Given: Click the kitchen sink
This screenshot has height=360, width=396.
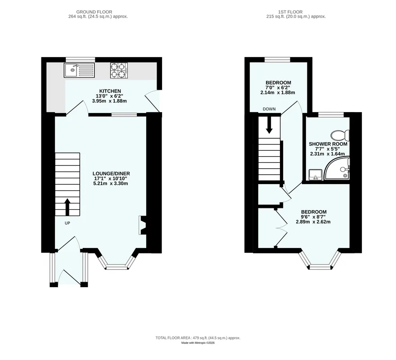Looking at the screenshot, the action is tap(79, 70).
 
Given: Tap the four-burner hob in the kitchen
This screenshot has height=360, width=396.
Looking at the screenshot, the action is tap(119, 70).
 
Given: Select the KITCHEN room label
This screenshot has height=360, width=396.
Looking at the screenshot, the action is tap(110, 91).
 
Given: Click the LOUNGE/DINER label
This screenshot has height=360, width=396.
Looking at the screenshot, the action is tap(111, 174).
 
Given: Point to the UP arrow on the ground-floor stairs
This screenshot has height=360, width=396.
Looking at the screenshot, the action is tap(67, 207).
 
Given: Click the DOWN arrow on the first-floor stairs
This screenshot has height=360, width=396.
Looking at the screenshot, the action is tap(269, 125).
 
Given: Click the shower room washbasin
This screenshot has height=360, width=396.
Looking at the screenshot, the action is tap(315, 175).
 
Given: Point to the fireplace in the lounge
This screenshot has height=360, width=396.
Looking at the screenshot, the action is tap(142, 225).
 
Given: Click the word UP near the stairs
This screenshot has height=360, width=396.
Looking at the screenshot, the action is tap(67, 223).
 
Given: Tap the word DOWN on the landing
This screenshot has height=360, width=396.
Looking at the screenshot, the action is tap(269, 109).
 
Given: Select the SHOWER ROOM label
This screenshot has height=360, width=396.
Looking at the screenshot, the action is tap(328, 144).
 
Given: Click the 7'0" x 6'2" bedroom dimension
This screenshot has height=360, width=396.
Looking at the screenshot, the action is tap(278, 88).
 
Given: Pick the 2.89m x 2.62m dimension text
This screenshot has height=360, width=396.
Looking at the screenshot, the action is tap(313, 222).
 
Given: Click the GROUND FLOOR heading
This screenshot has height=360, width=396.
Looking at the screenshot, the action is tap(94, 12).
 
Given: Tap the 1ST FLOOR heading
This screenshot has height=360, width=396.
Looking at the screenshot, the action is tap(290, 12).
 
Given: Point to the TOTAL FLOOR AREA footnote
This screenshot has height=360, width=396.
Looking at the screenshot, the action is tap(198, 338).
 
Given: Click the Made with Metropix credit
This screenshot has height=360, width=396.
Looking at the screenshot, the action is tap(198, 343).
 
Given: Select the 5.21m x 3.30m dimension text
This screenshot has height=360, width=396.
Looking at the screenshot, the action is tap(111, 184).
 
